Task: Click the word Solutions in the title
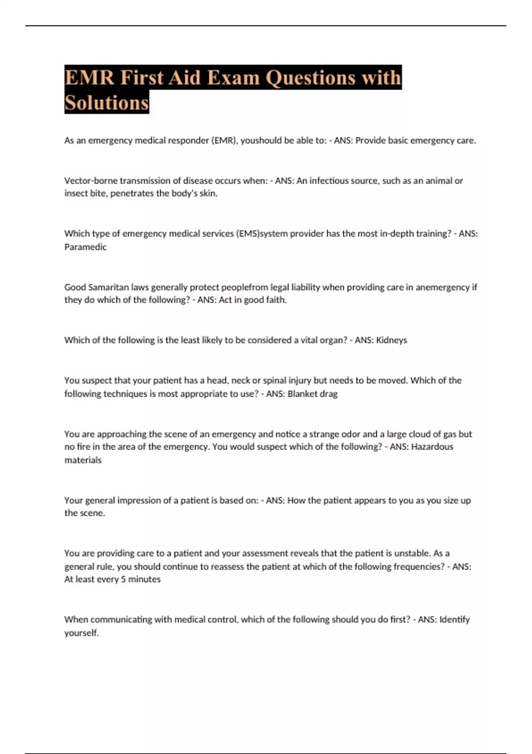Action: coord(106,103)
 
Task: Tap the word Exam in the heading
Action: coord(233,78)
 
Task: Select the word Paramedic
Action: coord(85,247)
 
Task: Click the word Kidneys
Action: coord(391,340)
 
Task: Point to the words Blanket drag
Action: coord(313,394)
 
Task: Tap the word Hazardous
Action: coord(432,447)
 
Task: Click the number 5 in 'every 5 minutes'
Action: coord(123,579)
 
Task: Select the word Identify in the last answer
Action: coord(454,619)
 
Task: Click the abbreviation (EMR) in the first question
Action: coord(224,141)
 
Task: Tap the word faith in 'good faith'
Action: coord(276,300)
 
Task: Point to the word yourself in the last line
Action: coord(81,633)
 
